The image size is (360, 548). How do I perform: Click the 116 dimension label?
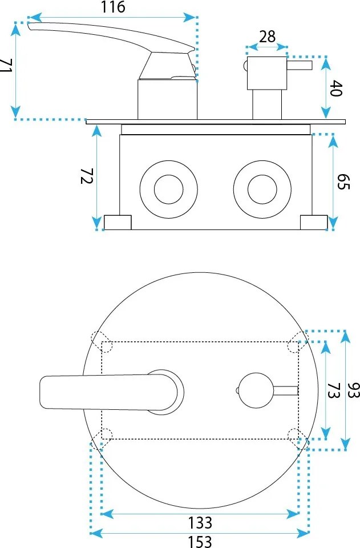(113, 7)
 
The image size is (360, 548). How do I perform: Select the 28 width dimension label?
(268, 37)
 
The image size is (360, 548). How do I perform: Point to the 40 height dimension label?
(336, 88)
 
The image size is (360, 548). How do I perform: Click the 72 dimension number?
(87, 176)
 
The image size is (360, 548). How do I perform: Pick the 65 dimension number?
(343, 181)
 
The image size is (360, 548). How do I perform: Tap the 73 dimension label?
(333, 390)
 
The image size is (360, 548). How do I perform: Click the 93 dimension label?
(354, 390)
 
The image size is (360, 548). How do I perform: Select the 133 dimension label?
(200, 523)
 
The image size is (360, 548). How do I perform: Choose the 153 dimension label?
(200, 541)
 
